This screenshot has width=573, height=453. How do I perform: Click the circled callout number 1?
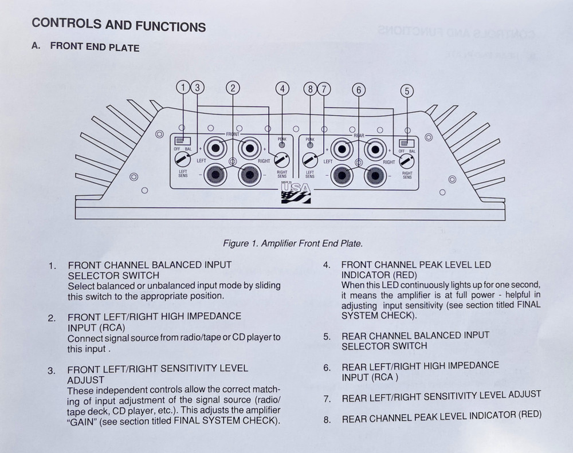[x=183, y=88]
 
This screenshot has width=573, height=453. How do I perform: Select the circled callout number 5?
[x=406, y=90]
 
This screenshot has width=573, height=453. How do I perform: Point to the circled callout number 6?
[x=359, y=89]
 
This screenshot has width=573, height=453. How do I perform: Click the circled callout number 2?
[x=233, y=88]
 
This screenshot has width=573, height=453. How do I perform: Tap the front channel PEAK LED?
[x=281, y=145]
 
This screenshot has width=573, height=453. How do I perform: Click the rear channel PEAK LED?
[x=310, y=145]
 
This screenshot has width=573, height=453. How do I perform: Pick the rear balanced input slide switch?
[x=407, y=143]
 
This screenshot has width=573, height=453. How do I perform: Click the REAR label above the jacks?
[x=359, y=136]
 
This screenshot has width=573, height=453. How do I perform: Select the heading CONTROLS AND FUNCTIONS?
[x=119, y=26]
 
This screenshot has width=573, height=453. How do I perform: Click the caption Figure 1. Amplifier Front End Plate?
[x=292, y=243]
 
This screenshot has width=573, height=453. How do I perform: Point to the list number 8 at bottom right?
[x=327, y=420]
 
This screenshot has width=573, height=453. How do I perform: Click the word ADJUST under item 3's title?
[x=86, y=379]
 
